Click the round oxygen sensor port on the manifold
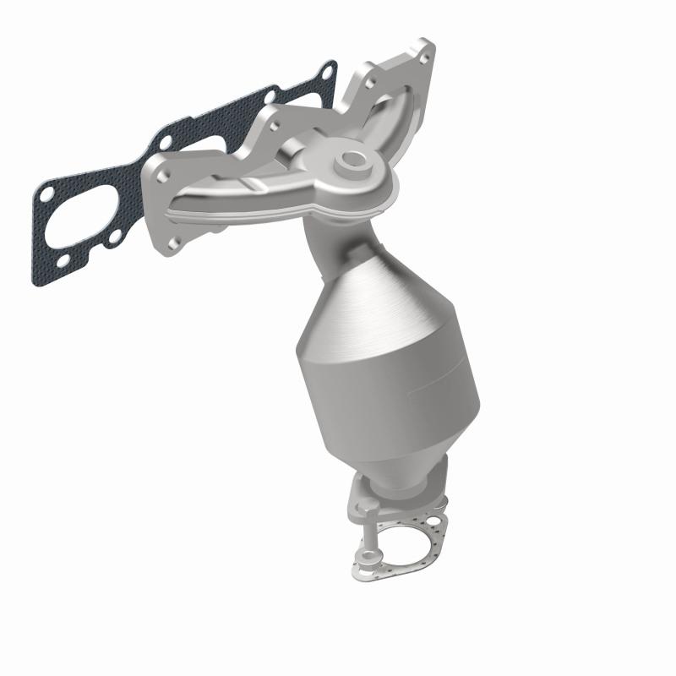(350, 161)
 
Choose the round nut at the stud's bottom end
(365, 557)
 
